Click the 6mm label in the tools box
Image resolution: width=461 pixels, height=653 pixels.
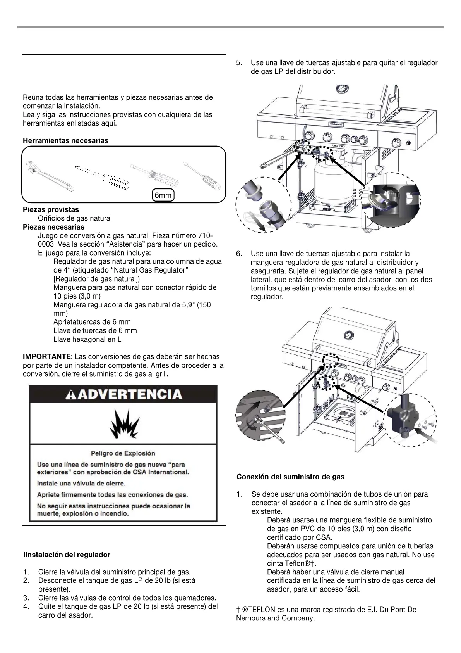pos(163,196)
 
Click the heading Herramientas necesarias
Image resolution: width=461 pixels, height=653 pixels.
pos(65,140)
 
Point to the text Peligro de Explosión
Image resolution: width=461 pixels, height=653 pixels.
pos(123,453)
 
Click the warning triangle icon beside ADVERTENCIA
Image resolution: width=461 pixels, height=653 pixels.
pos(72,395)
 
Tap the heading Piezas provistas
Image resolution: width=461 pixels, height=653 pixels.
pos(51,210)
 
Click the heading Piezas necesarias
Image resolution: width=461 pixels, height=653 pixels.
pos(53,227)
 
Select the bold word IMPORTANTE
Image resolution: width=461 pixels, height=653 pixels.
pos(48,357)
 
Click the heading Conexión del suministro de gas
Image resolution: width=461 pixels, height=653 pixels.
pos(290,477)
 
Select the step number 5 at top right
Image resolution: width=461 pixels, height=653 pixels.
pos(239,63)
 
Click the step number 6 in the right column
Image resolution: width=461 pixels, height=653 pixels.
pos(239,254)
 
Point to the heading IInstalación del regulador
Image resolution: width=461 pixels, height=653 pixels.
pos(67,555)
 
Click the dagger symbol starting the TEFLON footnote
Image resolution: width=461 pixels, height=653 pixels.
pos(238,610)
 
